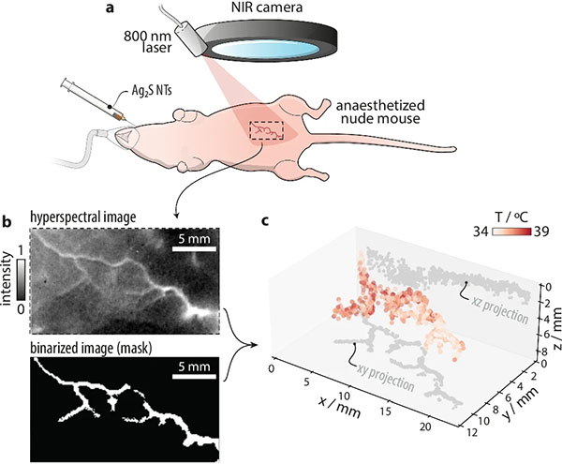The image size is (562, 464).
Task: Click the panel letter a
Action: (x=110, y=7)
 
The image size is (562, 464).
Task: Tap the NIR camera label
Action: (x=266, y=7)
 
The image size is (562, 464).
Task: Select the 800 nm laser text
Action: (x=148, y=41)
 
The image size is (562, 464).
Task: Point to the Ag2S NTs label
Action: (x=150, y=91)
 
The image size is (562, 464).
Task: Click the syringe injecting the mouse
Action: (x=93, y=99)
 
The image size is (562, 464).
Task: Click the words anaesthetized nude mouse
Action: (x=380, y=112)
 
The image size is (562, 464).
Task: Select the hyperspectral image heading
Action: (x=83, y=217)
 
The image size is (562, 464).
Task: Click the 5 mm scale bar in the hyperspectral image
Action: (x=194, y=249)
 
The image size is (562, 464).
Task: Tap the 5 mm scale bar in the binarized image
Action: (x=194, y=377)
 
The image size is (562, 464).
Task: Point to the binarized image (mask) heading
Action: (x=91, y=348)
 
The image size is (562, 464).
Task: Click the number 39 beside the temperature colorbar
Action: (x=540, y=232)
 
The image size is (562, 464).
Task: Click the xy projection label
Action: (x=385, y=379)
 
